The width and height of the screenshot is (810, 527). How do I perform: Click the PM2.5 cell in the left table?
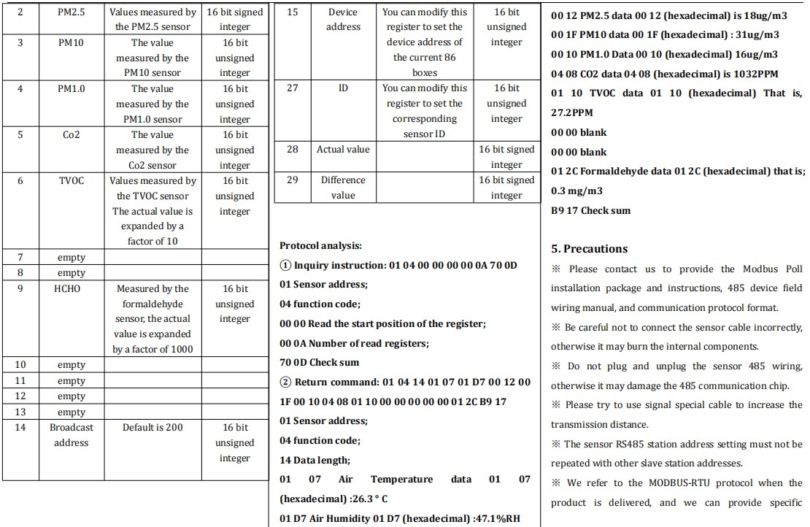pyautogui.click(x=71, y=12)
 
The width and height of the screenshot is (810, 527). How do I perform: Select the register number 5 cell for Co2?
pyautogui.click(x=20, y=135)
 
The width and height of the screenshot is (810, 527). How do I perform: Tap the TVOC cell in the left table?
pyautogui.click(x=71, y=181)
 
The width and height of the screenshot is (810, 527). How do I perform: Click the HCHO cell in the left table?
pyautogui.click(x=71, y=289)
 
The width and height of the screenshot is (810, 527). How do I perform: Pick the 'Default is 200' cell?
pyautogui.click(x=153, y=428)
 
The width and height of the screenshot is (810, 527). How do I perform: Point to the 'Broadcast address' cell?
pyautogui.click(x=71, y=435)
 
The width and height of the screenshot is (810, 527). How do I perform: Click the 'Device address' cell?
pyautogui.click(x=343, y=20)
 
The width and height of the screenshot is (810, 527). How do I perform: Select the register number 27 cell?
pyautogui.click(x=292, y=88)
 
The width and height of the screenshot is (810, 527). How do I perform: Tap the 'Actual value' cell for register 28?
pyautogui.click(x=343, y=150)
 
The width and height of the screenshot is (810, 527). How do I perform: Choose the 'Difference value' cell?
pyautogui.click(x=343, y=188)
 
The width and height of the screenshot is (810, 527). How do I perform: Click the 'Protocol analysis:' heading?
pyautogui.click(x=320, y=246)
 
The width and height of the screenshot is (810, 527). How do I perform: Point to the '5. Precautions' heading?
pyautogui.click(x=589, y=249)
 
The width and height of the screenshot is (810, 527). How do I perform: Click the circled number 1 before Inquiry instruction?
pyautogui.click(x=285, y=266)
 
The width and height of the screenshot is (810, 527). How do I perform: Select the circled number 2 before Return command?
pyautogui.click(x=285, y=382)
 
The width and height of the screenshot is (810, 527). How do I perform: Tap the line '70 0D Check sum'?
pyautogui.click(x=319, y=363)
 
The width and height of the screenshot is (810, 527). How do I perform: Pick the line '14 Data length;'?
pyautogui.click(x=315, y=461)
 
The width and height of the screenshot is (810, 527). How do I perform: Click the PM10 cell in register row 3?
pyautogui.click(x=71, y=43)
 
